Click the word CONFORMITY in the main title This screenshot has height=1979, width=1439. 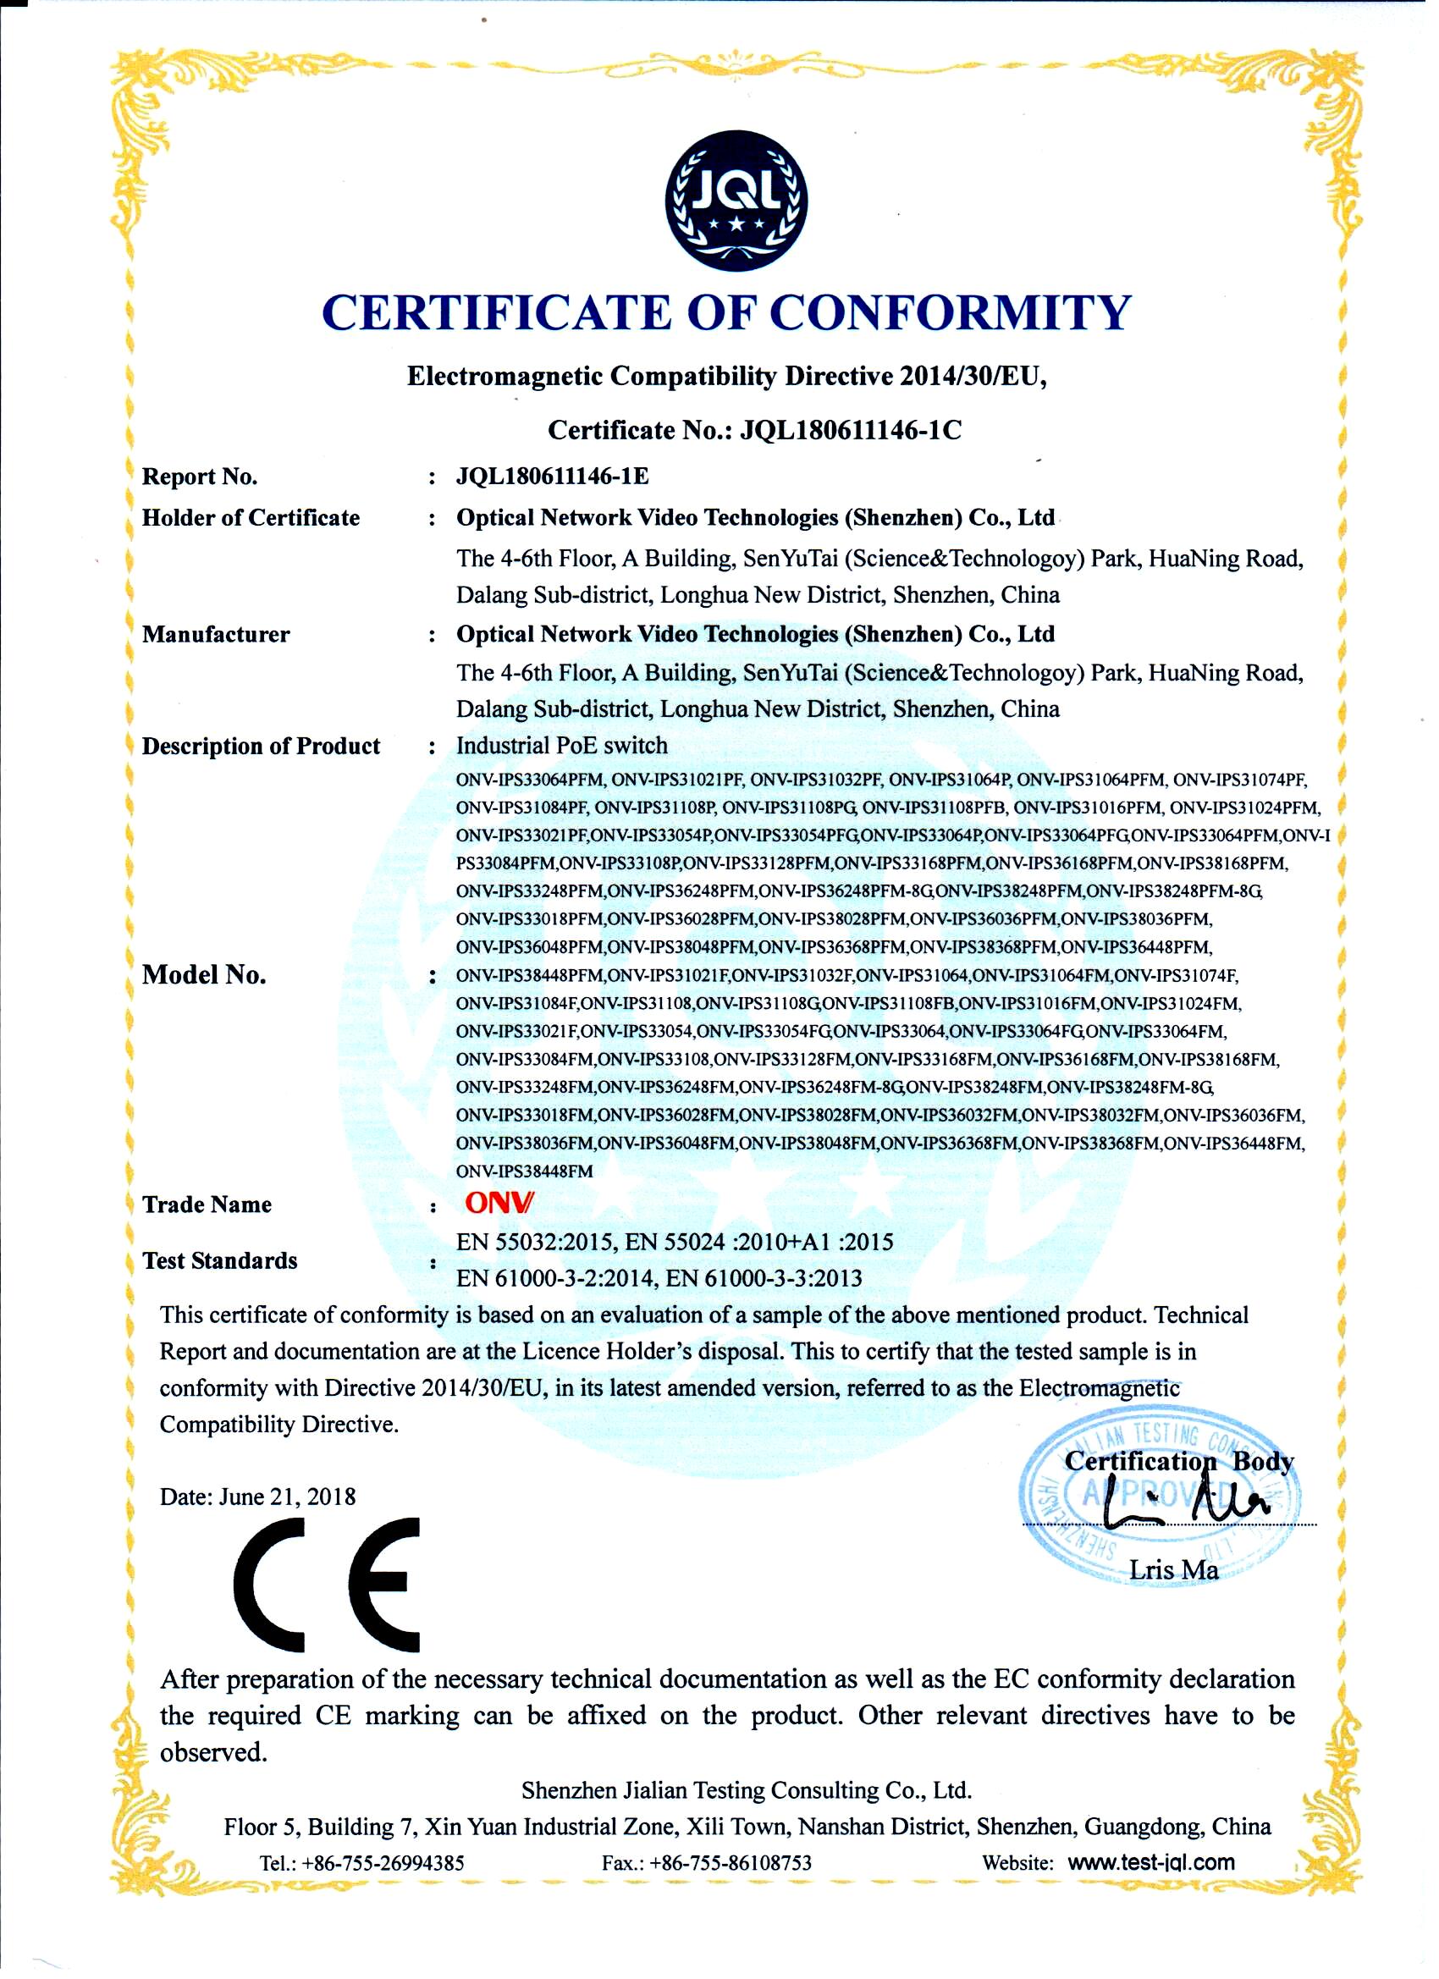coord(952,312)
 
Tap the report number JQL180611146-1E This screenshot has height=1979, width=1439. coord(553,476)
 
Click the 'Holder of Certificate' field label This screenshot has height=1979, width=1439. coord(251,517)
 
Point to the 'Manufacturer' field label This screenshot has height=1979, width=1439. coord(216,633)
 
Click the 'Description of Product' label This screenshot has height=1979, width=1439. coord(261,746)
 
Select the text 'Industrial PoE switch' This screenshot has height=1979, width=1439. coord(562,745)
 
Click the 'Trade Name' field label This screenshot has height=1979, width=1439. coord(207,1204)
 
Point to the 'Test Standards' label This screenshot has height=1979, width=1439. coord(220,1260)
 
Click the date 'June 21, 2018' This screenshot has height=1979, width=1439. coord(287,1497)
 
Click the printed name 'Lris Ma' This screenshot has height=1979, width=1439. coord(1173,1570)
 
